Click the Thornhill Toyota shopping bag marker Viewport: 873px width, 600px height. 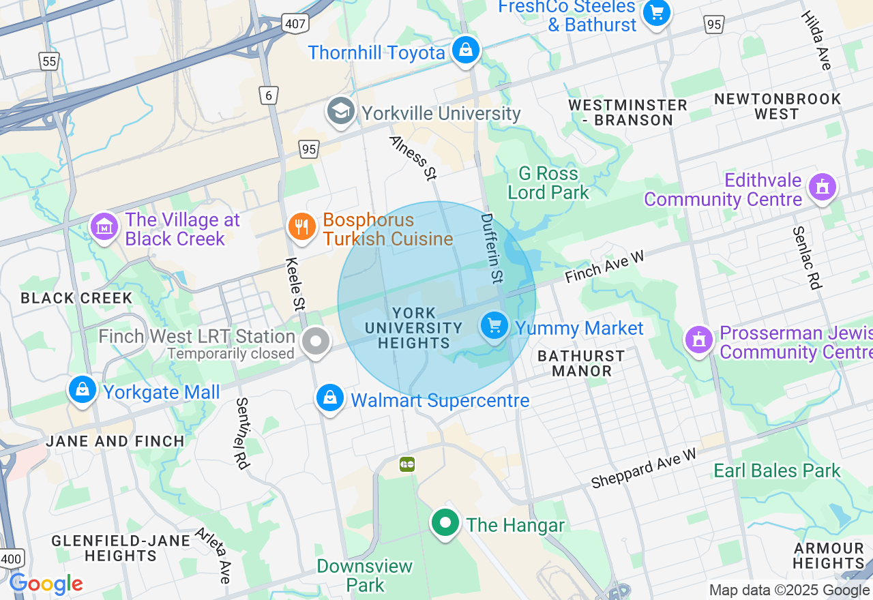(x=465, y=50)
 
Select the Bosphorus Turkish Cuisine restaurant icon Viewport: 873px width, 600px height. (x=301, y=226)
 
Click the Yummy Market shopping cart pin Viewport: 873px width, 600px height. (x=494, y=326)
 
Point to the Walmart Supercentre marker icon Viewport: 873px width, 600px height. (x=330, y=397)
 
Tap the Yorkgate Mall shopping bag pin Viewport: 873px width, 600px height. (x=82, y=390)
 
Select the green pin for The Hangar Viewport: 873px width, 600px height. (x=445, y=524)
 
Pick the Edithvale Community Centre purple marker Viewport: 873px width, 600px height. (x=822, y=187)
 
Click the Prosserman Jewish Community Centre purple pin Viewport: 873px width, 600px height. (x=698, y=340)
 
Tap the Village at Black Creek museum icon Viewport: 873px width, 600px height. (x=104, y=227)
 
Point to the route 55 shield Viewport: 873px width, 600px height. (x=49, y=62)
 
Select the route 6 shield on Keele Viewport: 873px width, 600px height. (x=269, y=95)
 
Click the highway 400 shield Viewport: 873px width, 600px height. (x=12, y=558)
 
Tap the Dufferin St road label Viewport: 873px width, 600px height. (x=491, y=248)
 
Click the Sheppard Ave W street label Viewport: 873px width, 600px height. (x=644, y=468)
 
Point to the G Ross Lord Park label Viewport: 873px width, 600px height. (x=548, y=183)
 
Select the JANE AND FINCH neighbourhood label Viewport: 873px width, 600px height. (x=115, y=441)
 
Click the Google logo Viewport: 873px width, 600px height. (x=46, y=584)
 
